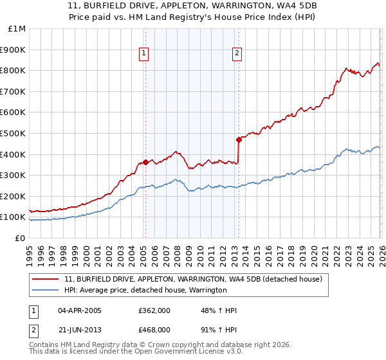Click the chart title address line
coord(192,7)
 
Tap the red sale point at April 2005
coord(145,162)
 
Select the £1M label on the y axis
coord(17,28)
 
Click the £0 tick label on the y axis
coord(21,238)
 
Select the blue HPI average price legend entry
coord(145,291)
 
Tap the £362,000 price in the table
coord(154,310)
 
